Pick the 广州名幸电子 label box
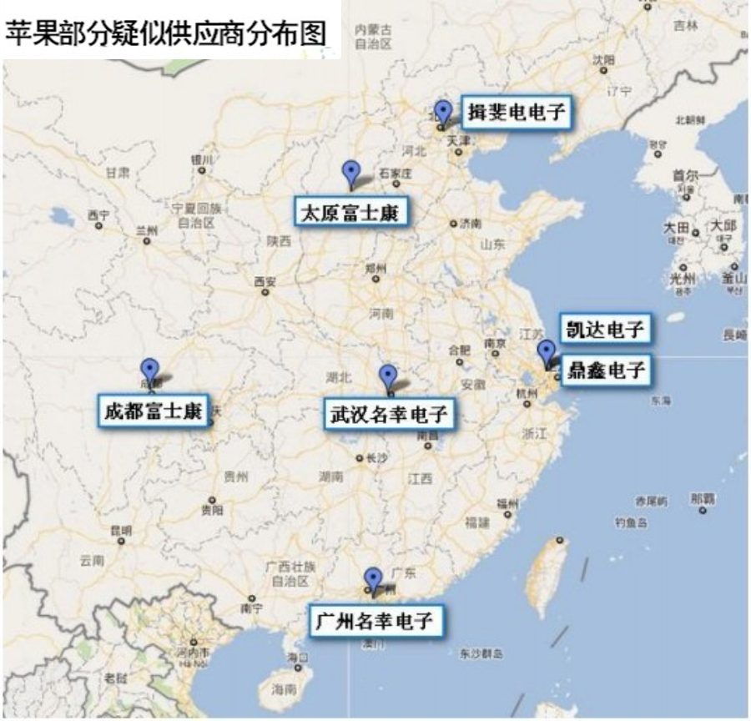(x=375, y=621)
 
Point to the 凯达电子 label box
(x=604, y=329)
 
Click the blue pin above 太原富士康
(x=352, y=173)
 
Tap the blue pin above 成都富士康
(x=149, y=370)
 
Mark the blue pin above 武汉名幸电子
(x=387, y=376)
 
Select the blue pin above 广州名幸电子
(x=373, y=577)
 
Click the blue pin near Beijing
(x=443, y=111)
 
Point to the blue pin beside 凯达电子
(x=546, y=352)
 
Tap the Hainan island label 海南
(x=285, y=689)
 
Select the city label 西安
(x=265, y=281)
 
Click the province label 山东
(x=493, y=245)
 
